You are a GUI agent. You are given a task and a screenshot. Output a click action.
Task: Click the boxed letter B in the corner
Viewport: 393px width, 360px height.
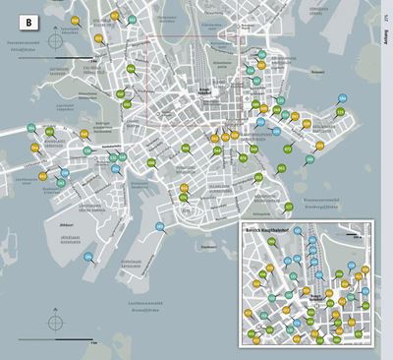pyautogui.click(x=28, y=20)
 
